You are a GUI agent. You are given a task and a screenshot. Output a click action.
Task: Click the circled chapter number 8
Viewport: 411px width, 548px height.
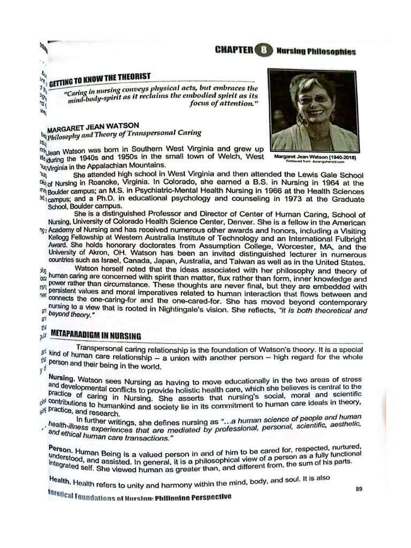(x=264, y=51)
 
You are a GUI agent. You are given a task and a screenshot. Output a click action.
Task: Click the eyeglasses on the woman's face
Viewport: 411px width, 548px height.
(x=313, y=100)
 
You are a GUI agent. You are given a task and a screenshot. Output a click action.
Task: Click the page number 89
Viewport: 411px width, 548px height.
(x=360, y=488)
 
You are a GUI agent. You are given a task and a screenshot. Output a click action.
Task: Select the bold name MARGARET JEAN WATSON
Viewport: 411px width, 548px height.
(x=93, y=126)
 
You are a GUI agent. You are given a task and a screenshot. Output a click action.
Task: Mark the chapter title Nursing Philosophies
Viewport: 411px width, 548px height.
(x=316, y=52)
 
